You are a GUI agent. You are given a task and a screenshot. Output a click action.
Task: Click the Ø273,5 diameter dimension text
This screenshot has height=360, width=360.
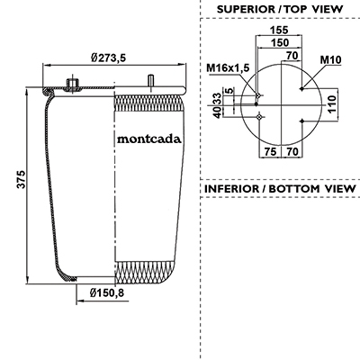point(108,58)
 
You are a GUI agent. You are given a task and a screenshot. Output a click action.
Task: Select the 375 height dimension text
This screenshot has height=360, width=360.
point(21,180)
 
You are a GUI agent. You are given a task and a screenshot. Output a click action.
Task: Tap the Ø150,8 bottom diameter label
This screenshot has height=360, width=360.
point(107,292)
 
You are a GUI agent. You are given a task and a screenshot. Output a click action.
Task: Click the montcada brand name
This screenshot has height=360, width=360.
point(149,139)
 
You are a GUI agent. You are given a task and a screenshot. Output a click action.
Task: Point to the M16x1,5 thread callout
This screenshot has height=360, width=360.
point(228,68)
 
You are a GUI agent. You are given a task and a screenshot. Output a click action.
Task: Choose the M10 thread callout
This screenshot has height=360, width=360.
point(331,60)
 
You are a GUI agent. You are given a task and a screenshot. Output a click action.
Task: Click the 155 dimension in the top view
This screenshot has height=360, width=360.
point(279,30)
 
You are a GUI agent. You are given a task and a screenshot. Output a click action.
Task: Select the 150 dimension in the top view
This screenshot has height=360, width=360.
point(280,42)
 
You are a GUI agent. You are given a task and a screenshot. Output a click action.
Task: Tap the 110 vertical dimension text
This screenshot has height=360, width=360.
point(332,104)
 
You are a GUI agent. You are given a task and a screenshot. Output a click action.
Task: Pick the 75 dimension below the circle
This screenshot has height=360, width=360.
point(270,151)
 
